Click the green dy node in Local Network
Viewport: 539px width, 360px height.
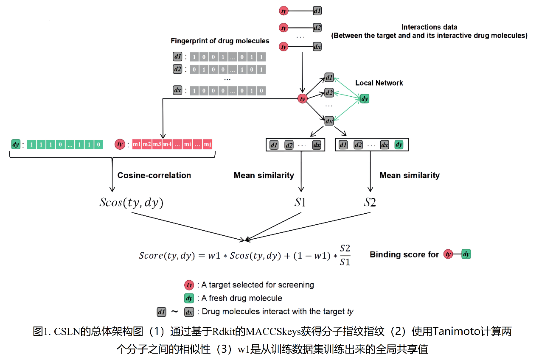[x=365, y=99]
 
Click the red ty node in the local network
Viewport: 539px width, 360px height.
[x=302, y=99]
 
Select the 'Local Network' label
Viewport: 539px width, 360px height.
[x=379, y=83]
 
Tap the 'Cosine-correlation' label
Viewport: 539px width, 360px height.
[x=154, y=175]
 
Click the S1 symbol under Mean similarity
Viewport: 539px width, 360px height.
[x=300, y=203]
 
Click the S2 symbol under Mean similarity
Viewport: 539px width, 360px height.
[x=370, y=203]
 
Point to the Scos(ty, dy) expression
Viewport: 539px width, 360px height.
[x=131, y=203]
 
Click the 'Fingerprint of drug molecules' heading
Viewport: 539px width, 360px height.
[x=220, y=41]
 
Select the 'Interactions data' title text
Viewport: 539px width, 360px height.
[x=430, y=27]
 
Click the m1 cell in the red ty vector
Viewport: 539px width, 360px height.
[x=137, y=145]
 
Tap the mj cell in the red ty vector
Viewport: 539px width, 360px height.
[x=207, y=145]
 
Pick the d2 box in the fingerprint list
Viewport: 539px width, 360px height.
[x=178, y=69]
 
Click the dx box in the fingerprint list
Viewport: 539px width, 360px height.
[x=178, y=90]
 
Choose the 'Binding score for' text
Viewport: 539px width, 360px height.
[x=404, y=254]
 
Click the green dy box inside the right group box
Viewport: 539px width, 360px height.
[x=399, y=145]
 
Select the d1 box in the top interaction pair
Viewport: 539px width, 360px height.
[x=317, y=11]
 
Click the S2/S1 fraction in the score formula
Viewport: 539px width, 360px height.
[x=345, y=255]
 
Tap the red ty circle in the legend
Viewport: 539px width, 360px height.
[x=189, y=285]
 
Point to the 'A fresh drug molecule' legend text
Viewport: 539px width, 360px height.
[x=242, y=298]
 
